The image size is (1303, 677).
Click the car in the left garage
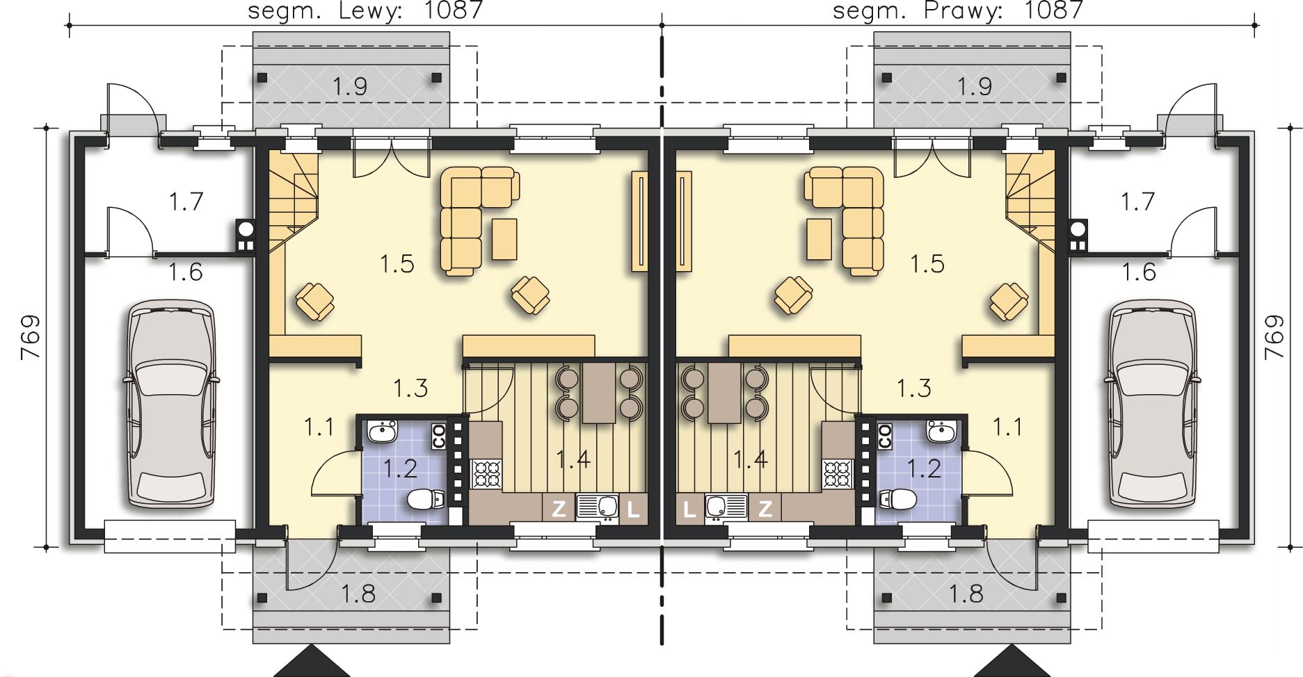pos(169,405)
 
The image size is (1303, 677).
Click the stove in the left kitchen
pos(486,474)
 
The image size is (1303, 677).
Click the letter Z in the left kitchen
pos(559,509)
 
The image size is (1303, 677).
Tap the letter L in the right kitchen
pos(689,509)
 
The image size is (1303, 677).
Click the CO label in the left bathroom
pos(439,437)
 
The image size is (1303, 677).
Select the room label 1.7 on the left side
pos(186,202)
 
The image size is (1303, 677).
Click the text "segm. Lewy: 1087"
pos(365,10)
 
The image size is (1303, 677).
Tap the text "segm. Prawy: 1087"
pos(957,10)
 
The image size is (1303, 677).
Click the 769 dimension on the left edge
pos(31,338)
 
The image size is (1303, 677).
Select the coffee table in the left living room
pos(504,239)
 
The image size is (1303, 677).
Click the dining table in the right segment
pos(724,392)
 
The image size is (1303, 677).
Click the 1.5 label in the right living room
pos(927,264)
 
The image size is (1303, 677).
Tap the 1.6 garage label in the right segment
pos(1139,272)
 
